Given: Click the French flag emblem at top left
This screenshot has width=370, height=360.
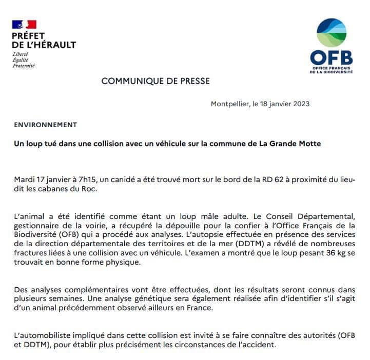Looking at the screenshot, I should (x=24, y=24).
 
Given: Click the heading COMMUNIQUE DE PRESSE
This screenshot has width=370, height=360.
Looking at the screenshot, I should (x=155, y=81).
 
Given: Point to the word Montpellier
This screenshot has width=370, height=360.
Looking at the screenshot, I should (x=230, y=104).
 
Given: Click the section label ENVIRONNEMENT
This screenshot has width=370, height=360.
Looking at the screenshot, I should (x=45, y=125).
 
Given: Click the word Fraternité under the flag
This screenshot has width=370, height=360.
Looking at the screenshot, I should (x=24, y=66).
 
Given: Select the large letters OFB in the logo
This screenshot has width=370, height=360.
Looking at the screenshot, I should (x=332, y=56).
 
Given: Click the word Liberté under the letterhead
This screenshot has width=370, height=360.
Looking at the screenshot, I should (x=21, y=54).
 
